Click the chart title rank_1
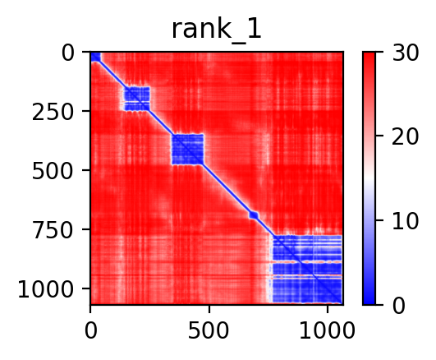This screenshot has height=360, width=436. click(x=217, y=30)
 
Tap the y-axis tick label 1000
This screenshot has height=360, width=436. click(x=46, y=289)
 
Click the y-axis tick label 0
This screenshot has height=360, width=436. click(x=67, y=53)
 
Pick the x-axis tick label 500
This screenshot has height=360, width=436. click(x=209, y=330)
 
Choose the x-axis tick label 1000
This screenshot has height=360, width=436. click(x=328, y=330)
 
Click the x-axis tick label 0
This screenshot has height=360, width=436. click(x=90, y=330)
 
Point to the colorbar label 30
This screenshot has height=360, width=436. click(x=405, y=53)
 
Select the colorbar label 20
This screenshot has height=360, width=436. click(x=405, y=136)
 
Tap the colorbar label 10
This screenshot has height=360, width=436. click(x=405, y=221)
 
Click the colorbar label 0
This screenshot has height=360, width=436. click(x=399, y=306)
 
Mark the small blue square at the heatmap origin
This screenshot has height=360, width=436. click(x=95, y=57)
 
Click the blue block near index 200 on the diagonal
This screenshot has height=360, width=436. click(x=137, y=99)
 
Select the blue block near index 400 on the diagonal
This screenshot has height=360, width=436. click(x=188, y=150)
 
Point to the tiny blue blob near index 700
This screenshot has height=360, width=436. click(x=254, y=215)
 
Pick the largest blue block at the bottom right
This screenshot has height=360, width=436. click(x=307, y=269)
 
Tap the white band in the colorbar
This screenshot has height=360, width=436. click(x=369, y=178)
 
